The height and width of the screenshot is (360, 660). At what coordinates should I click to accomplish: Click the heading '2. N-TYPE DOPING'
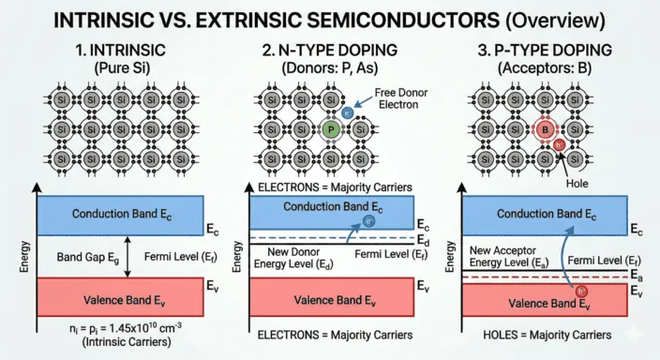[330, 46]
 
